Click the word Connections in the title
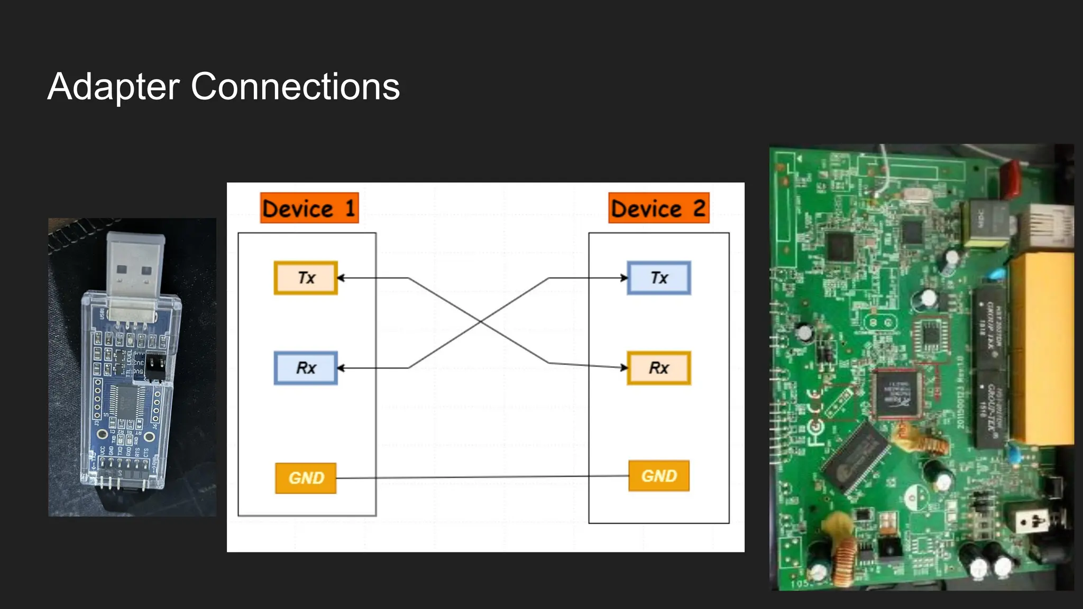tap(295, 87)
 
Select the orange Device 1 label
tap(309, 208)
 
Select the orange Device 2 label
tap(658, 208)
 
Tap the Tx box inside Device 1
tap(306, 278)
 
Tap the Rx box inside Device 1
tap(306, 368)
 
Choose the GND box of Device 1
tap(306, 478)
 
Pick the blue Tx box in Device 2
tap(658, 278)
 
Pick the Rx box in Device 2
tap(658, 368)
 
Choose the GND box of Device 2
tap(658, 476)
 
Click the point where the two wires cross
tap(480, 321)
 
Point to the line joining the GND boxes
tap(481, 477)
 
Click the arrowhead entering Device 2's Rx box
tap(624, 367)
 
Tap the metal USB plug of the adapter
tap(135, 264)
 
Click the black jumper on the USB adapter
tap(155, 366)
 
